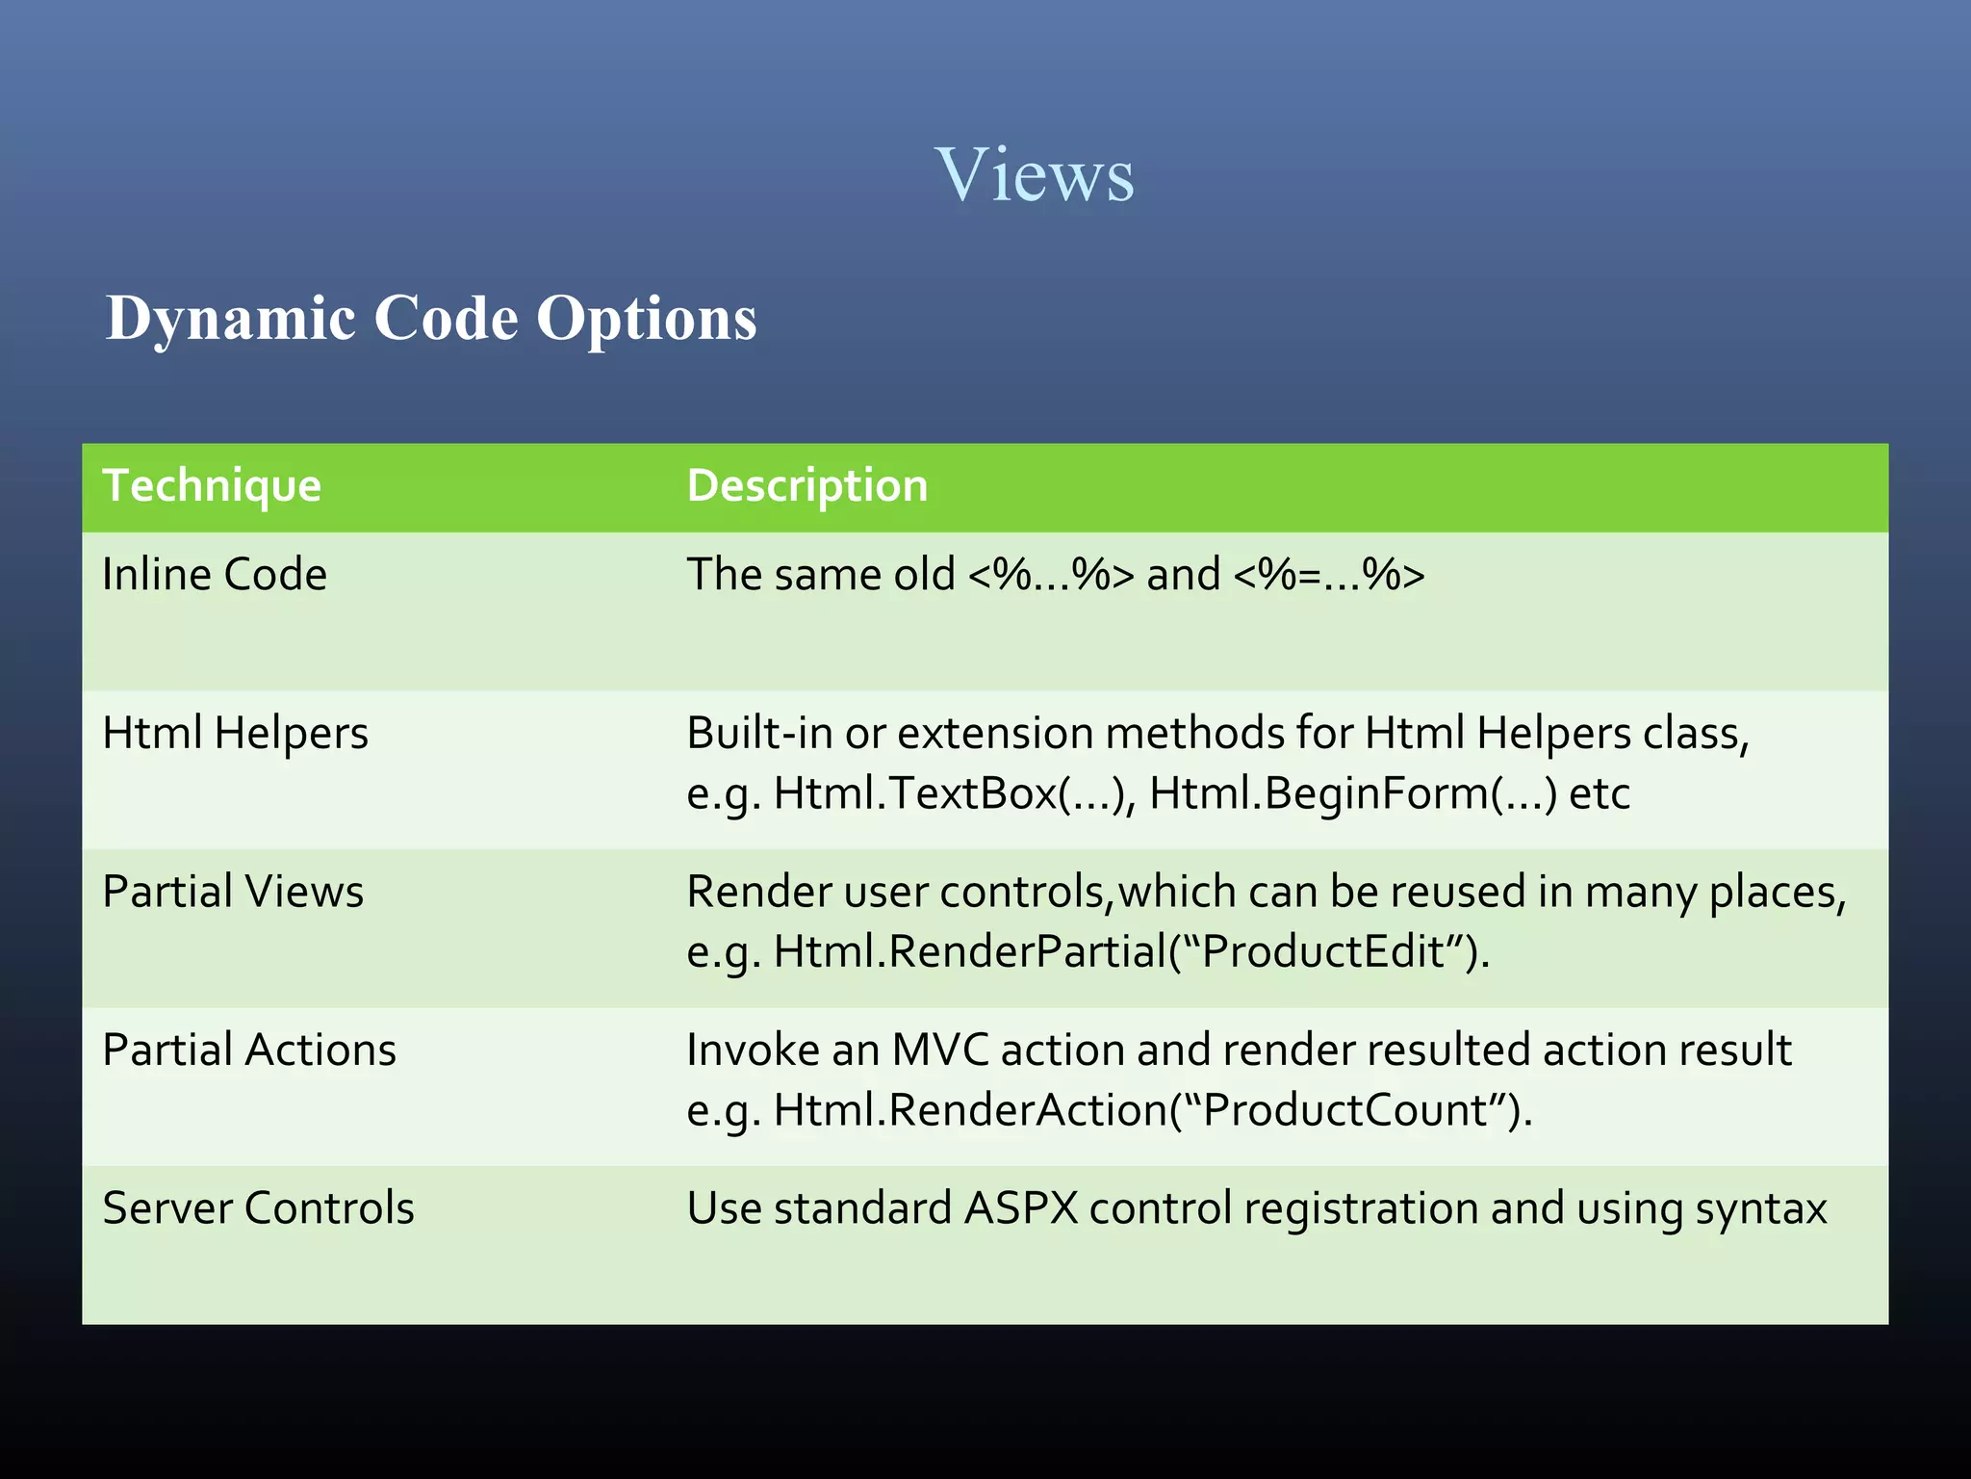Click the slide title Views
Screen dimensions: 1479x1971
pos(1035,175)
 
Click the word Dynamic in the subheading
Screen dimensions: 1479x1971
pos(231,318)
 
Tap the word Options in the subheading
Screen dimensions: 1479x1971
pos(646,318)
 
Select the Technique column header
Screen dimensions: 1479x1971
pos(212,485)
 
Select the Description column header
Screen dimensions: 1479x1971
pos(806,485)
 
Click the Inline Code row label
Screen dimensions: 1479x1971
pos(215,575)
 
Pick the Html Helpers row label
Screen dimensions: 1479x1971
pos(235,733)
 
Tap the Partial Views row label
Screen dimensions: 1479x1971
pos(233,892)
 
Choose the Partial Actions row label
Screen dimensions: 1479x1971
pos(249,1050)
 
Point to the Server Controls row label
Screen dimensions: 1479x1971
pos(258,1208)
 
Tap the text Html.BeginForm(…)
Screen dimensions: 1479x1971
pos(1352,794)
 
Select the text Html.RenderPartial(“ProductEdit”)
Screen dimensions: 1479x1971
pos(1131,952)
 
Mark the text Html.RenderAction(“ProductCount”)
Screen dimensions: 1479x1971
pos(1152,1110)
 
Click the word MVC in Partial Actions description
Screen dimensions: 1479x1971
pos(940,1050)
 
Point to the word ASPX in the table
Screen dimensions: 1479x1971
pos(1021,1208)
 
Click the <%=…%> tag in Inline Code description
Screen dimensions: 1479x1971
pos(1328,575)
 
